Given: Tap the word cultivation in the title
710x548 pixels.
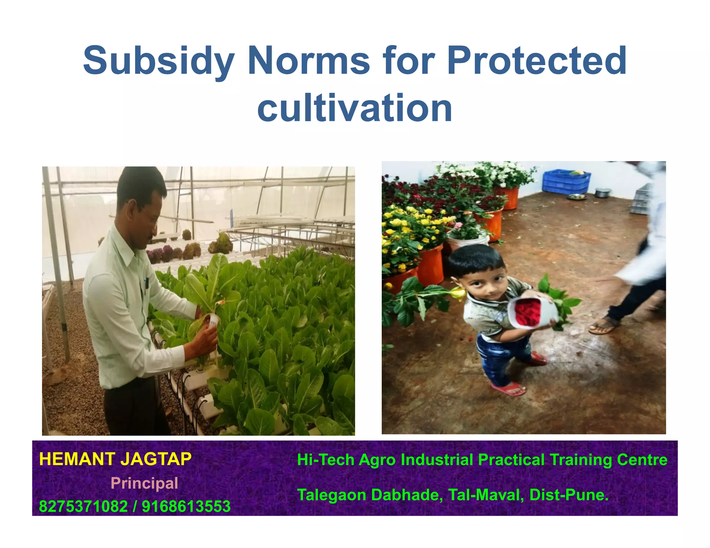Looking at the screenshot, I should point(354,108).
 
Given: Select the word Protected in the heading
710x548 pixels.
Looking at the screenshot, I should point(537,61).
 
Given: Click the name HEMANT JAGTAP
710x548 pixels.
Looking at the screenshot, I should point(115,459).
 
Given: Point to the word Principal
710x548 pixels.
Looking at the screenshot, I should point(144,483).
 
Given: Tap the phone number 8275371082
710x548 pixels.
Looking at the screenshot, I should point(83,506).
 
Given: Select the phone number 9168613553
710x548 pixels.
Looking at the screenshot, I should point(186,506).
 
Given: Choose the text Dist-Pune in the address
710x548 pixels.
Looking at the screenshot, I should point(569,495).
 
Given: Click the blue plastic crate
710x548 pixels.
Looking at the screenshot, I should point(566,181).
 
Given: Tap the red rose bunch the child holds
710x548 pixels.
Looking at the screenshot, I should point(528,313).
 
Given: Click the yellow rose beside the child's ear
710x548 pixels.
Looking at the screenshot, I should point(458,294).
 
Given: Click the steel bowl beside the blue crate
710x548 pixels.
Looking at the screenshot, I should point(603,192).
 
